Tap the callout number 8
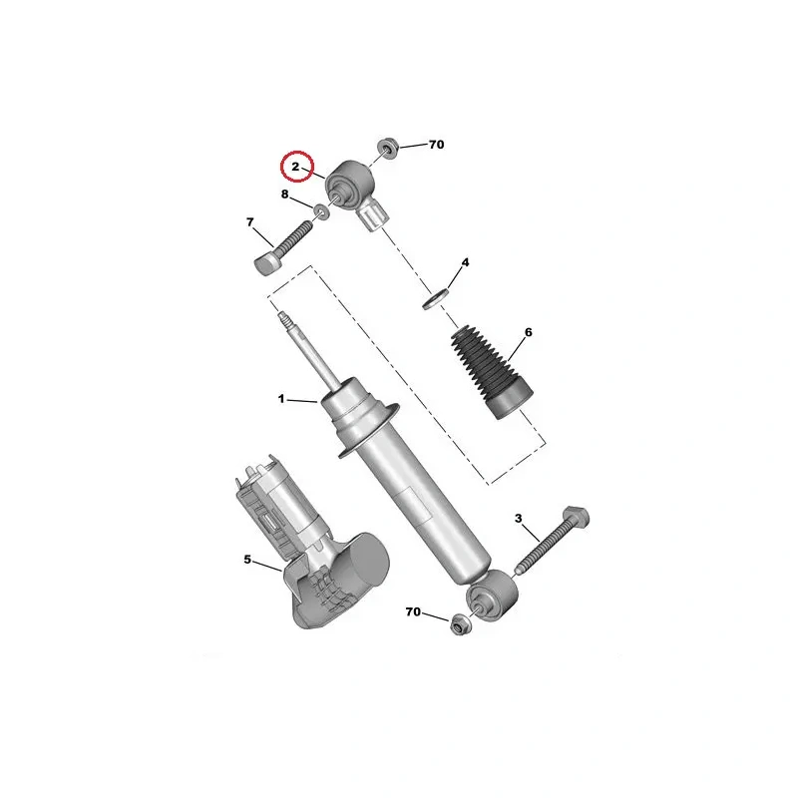tap(285, 194)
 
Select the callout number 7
tap(250, 222)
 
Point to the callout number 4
tap(465, 262)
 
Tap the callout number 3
tap(518, 518)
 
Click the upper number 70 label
tap(436, 145)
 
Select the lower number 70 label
tap(413, 611)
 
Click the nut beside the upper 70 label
tap(388, 149)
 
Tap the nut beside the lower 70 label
tap(461, 624)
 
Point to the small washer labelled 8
tap(321, 210)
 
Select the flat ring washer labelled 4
tap(436, 298)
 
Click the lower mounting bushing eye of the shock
tap(492, 596)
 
